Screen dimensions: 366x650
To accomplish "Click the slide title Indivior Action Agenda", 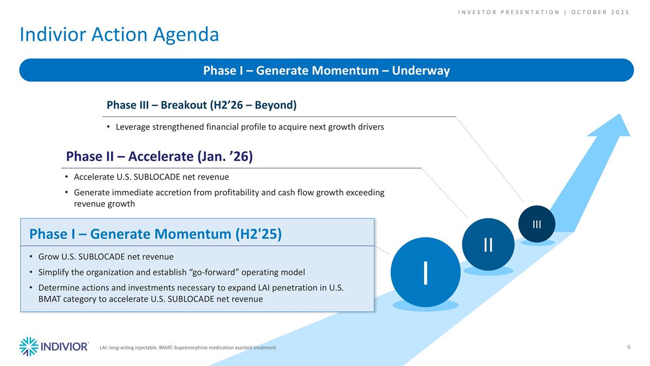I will pos(119,35).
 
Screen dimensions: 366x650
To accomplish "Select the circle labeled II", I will pos(488,244).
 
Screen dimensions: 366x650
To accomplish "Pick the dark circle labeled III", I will pos(536,224).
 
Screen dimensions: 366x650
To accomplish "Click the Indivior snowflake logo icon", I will pos(29,346).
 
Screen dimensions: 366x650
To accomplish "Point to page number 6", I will pos(628,347).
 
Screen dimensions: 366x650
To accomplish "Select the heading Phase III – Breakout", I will pos(201,105).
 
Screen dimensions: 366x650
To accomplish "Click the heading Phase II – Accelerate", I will pos(159,156).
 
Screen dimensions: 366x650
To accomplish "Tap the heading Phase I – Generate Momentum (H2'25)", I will pos(155,234).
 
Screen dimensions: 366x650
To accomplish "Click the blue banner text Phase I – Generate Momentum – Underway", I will pos(326,70).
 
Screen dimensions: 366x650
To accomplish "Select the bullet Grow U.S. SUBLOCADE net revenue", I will pos(106,256).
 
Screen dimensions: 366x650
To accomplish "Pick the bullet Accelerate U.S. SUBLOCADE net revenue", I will pos(151,177).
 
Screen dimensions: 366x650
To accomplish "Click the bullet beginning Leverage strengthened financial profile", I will pos(249,127).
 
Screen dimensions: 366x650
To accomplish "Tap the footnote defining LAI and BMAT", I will pos(188,348).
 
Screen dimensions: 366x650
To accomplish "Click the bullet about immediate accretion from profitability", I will pos(229,198).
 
